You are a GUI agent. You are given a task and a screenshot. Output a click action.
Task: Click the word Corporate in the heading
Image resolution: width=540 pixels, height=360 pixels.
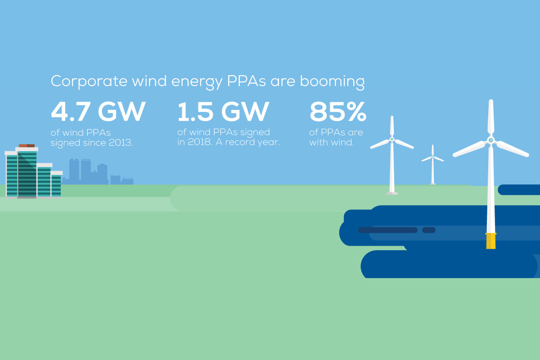[89, 81]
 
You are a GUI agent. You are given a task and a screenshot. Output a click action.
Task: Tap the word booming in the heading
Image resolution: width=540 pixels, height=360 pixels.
[332, 81]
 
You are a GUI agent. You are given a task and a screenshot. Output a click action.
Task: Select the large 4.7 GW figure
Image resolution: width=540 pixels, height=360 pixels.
[98, 112]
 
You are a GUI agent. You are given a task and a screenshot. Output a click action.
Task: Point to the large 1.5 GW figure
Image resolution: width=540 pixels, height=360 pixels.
[223, 112]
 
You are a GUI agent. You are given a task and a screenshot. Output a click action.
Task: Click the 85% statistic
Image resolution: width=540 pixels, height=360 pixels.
[338, 112]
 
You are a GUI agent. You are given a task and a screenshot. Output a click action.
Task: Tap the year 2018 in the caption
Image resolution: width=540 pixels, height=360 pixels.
[200, 142]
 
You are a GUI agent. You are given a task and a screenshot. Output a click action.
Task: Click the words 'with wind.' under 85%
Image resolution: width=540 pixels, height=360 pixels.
[332, 142]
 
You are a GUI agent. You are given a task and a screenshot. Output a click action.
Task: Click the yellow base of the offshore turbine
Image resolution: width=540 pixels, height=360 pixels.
[490, 241]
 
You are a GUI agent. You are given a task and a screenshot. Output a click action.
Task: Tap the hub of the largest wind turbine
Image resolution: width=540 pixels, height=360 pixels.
[490, 140]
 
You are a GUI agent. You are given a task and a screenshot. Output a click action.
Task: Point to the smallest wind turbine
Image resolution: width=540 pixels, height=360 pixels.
[432, 165]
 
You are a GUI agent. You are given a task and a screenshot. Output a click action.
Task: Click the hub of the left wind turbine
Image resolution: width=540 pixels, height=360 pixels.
[392, 139]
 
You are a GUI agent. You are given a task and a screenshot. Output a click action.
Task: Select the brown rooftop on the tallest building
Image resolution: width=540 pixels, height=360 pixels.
[27, 146]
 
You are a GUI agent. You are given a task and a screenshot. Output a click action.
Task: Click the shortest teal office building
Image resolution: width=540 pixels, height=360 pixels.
[56, 184]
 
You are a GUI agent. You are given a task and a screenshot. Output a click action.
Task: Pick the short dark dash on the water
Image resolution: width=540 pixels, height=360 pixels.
[428, 230]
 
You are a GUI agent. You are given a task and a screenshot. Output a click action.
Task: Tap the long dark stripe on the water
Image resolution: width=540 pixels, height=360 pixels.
[387, 230]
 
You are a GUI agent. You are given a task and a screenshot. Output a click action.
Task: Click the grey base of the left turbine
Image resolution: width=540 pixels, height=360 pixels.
[392, 193]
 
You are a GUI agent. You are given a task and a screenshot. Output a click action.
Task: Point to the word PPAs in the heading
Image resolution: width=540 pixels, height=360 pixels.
[246, 81]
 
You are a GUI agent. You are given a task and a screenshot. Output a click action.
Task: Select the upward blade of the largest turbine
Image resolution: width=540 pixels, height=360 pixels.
[491, 117]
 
